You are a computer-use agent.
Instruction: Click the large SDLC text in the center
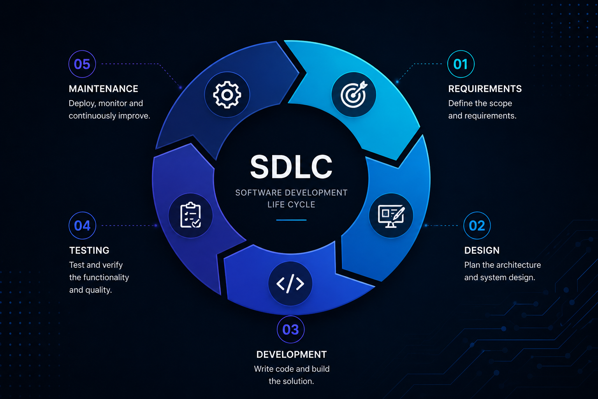(x=291, y=167)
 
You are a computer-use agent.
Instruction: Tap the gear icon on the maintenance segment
(x=227, y=95)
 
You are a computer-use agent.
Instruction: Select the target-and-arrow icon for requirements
(x=354, y=94)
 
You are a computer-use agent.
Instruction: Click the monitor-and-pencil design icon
(x=391, y=216)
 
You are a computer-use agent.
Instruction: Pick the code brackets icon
(x=290, y=284)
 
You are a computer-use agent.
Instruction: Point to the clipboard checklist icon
(x=191, y=215)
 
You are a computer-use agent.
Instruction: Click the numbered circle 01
(x=461, y=64)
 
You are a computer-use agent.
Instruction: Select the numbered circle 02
(x=477, y=226)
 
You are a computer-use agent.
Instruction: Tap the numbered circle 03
(x=291, y=330)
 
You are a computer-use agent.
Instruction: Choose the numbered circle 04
(x=82, y=226)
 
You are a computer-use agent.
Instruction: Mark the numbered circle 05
(x=82, y=64)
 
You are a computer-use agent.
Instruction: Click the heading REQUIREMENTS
(x=485, y=89)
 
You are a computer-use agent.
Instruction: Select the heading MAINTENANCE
(x=103, y=89)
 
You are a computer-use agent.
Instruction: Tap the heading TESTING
(x=89, y=251)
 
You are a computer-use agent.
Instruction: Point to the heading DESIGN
(x=482, y=251)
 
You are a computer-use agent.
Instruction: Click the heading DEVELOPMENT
(x=292, y=354)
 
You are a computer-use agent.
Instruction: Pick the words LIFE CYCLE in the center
(x=291, y=205)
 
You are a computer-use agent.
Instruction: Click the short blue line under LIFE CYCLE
(x=291, y=220)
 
